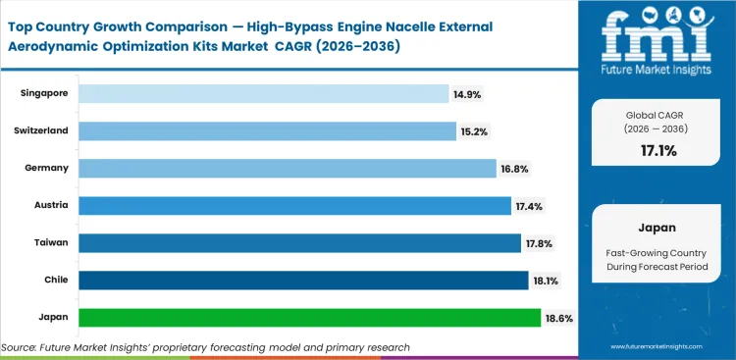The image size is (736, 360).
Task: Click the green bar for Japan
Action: tap(309, 318)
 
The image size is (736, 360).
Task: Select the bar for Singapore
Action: tap(263, 93)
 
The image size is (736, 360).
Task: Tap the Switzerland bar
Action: tap(266, 130)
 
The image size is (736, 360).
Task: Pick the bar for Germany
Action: tap(287, 168)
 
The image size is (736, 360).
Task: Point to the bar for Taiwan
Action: tap(299, 242)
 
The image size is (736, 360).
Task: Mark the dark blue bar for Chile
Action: tap(303, 281)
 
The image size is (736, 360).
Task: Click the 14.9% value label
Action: tap(467, 94)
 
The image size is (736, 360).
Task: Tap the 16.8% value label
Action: tap(514, 169)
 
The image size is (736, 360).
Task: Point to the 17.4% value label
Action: tap(528, 206)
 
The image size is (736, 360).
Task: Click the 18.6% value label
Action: tap(559, 319)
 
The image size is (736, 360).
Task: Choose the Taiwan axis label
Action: tap(52, 242)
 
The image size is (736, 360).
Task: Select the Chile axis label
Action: tap(55, 281)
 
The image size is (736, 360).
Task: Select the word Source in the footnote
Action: tap(20, 347)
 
